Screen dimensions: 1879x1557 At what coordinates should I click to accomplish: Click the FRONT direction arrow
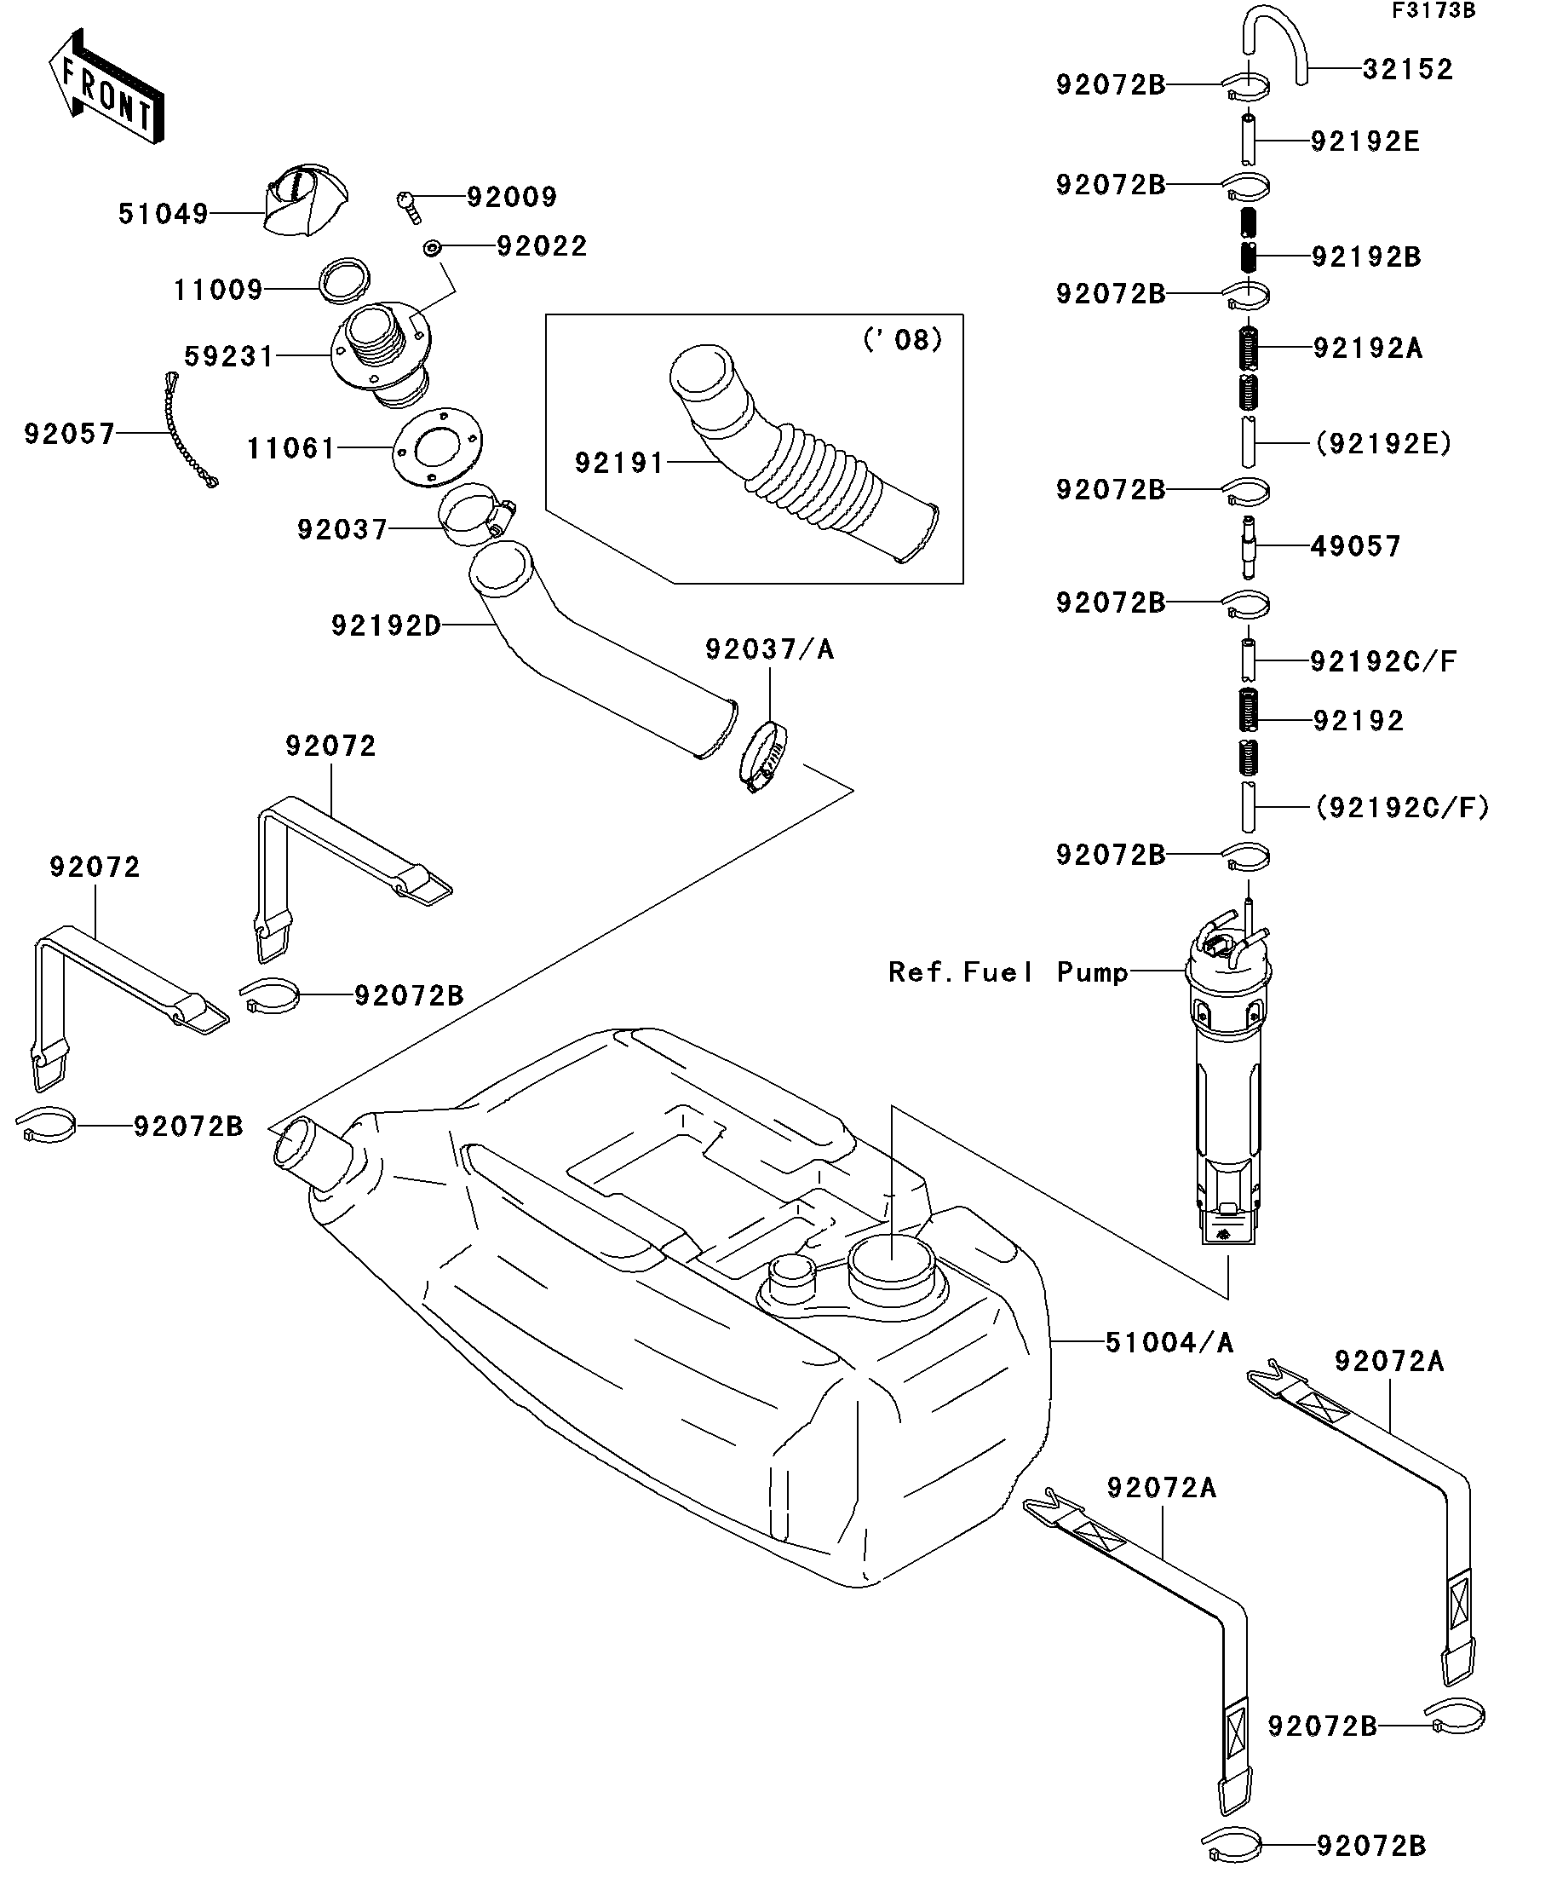106,88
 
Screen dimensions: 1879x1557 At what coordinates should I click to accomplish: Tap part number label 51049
163,214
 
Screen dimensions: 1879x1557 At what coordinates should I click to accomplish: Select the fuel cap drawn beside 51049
306,203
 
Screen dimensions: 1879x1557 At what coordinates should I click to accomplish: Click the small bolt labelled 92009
409,206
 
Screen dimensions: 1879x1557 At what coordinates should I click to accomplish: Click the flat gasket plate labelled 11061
437,447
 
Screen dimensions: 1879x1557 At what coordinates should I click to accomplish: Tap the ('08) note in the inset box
902,340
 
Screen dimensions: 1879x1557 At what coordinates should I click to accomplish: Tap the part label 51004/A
1169,1368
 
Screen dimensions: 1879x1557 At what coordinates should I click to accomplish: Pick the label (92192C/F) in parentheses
1402,808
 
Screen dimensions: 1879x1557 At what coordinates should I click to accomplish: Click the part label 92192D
387,625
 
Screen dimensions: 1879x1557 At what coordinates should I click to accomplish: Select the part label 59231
229,356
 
